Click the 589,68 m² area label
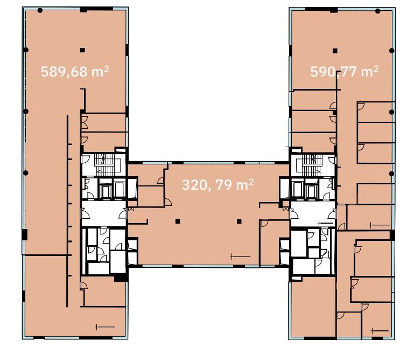(x=75, y=72)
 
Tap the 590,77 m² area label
(x=345, y=72)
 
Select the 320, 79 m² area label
(x=218, y=184)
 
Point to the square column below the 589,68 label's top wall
(x=82, y=50)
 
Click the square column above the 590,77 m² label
(x=335, y=51)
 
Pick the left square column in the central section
(x=178, y=221)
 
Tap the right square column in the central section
(x=239, y=221)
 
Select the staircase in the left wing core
(x=104, y=164)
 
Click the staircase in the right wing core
(x=312, y=165)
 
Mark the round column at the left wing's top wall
(x=40, y=10)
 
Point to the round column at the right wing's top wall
(x=378, y=11)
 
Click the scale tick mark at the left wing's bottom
(x=105, y=327)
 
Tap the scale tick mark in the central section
(x=241, y=257)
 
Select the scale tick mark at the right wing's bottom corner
(x=380, y=331)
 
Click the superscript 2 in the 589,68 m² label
(x=106, y=68)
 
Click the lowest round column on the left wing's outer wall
(x=26, y=173)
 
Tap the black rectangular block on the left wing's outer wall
(x=24, y=234)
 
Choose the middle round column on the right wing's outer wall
(x=392, y=112)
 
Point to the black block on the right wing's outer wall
(x=392, y=235)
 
